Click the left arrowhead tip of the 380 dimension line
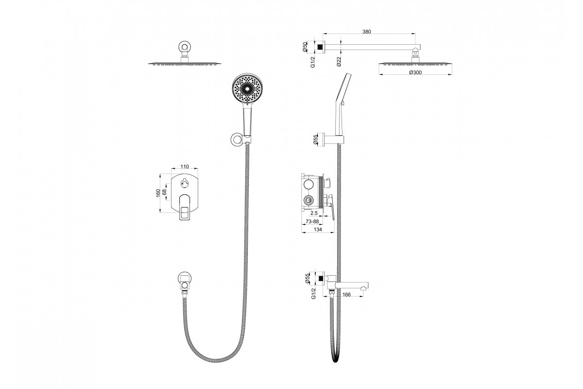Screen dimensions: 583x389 (323, 34)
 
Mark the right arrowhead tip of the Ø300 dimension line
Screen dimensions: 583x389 (452, 75)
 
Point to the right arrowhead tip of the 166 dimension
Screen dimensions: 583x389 (363, 296)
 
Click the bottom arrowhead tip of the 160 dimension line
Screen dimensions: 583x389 (160, 212)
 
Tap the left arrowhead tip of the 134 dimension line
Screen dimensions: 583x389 (301, 232)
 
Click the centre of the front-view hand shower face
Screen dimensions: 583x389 (247, 88)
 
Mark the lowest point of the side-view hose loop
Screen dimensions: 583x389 (336, 362)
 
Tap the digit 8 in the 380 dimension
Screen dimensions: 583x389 (366, 32)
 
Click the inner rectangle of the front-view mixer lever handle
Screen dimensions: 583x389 (185, 213)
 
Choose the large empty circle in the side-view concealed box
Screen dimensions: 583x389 (308, 184)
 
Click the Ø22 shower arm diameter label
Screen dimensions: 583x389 (339, 62)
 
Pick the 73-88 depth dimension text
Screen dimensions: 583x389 (312, 221)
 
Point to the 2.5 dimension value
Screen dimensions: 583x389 (314, 213)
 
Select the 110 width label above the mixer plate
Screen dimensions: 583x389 (185, 166)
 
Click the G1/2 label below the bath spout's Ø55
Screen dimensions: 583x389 (313, 293)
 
